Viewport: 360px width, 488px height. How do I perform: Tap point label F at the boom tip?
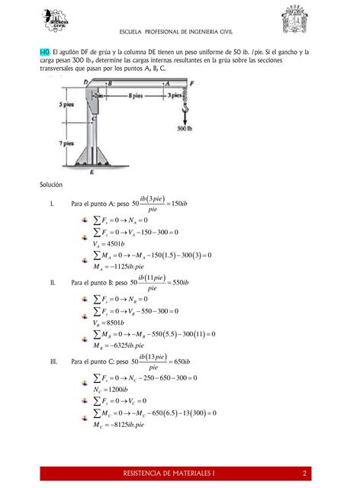[191, 82]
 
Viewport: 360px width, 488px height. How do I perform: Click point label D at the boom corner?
[85, 82]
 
